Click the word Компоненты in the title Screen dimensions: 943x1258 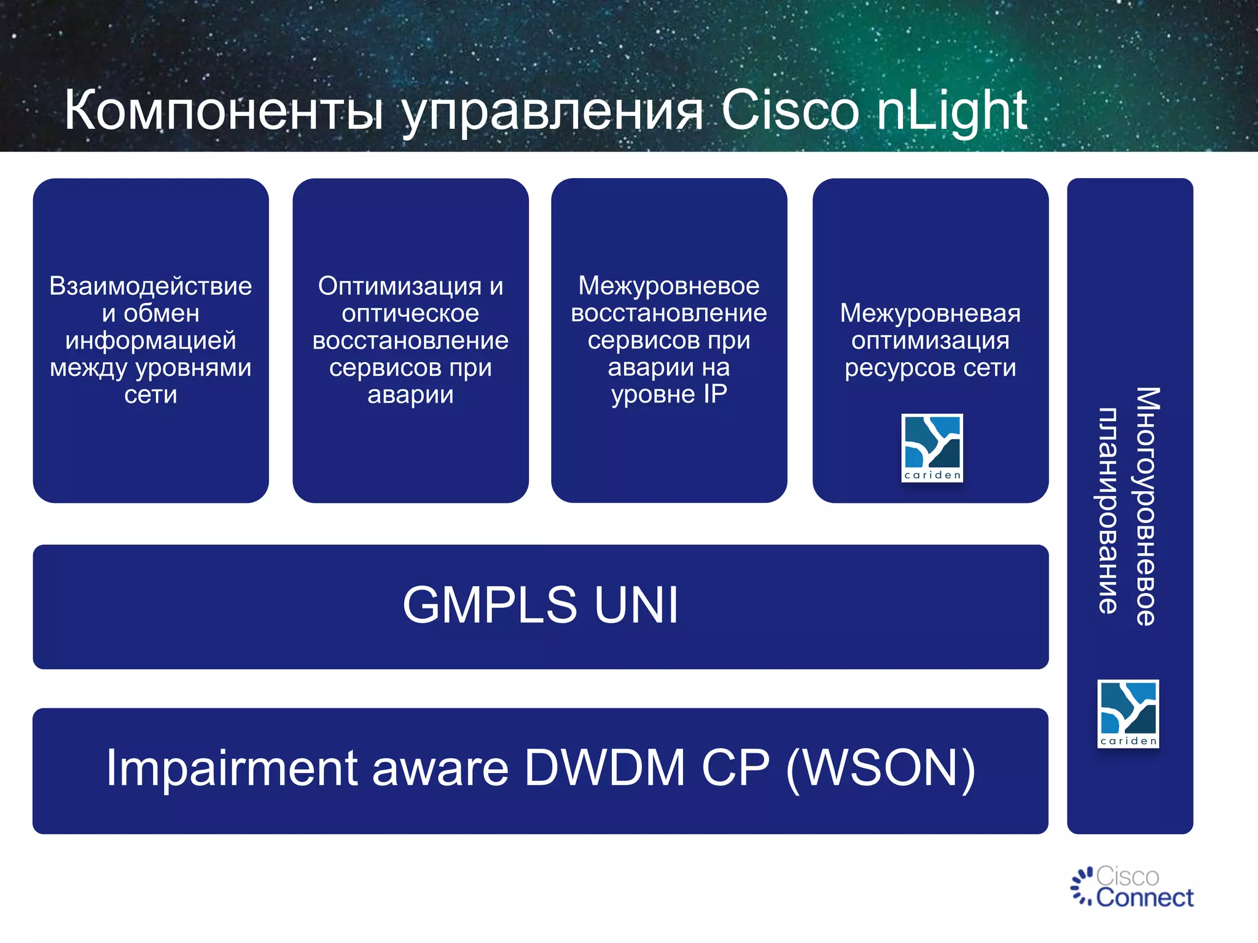[224, 111]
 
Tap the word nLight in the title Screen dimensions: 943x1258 [951, 111]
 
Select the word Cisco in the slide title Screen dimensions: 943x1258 [789, 111]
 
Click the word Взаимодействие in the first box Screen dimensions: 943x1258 [150, 286]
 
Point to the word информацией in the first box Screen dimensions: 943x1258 [150, 340]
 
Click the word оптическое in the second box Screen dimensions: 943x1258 [410, 313]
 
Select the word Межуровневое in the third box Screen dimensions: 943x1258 [669, 285]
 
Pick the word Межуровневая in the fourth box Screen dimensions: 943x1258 [930, 313]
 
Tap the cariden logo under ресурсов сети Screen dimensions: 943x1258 [932, 448]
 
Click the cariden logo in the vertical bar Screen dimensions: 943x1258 [1128, 713]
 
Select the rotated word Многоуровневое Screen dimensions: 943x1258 [1146, 506]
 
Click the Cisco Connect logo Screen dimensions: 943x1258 [1131, 887]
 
